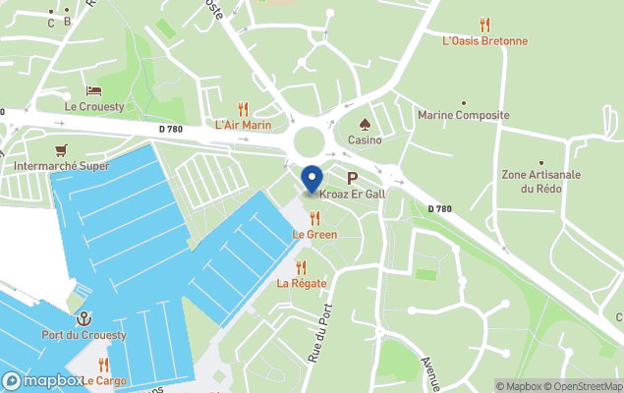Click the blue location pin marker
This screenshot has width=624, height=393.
[x=312, y=180]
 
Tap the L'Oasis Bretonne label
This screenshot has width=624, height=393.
[x=484, y=41]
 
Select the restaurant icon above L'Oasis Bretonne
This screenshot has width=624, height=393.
[x=484, y=25]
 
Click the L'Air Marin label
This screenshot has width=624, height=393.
[x=243, y=125]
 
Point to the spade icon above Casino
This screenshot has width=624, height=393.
[x=365, y=125]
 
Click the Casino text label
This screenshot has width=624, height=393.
[x=365, y=140]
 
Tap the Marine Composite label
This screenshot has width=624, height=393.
[x=464, y=115]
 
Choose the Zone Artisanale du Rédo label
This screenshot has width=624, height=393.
[x=541, y=181]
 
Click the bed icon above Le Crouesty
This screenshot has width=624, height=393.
[x=94, y=90]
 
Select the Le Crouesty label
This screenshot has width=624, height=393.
[x=94, y=106]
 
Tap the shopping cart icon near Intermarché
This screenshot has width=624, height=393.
[x=62, y=150]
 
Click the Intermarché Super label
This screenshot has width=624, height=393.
[x=61, y=166]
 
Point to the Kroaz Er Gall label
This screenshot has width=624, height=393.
[x=351, y=195]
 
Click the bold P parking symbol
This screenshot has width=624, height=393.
[x=351, y=178]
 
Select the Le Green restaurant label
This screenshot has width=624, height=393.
[x=314, y=235]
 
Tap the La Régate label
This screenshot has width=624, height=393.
[x=301, y=284]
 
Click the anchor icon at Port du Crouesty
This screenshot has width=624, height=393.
[x=85, y=319]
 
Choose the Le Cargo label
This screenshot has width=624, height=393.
[x=103, y=381]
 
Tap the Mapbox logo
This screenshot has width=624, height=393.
[x=43, y=380]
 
